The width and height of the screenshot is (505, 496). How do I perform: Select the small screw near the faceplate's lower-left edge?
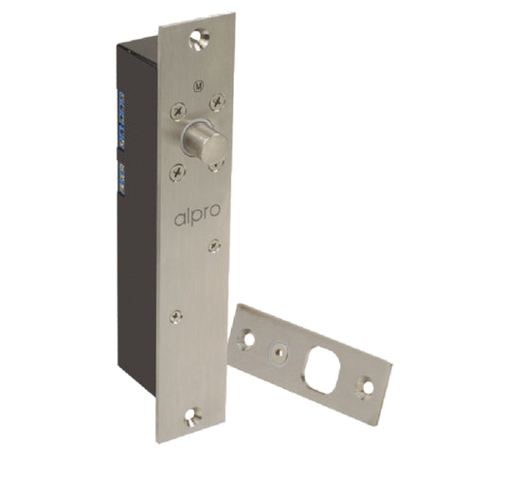174,316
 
